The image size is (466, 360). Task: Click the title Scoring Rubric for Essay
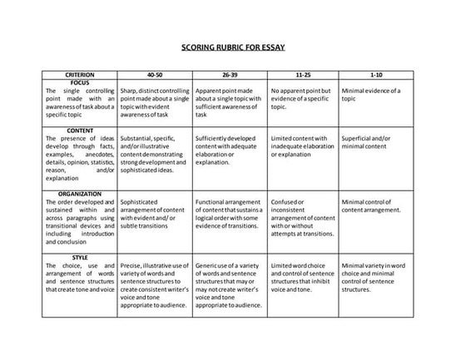pos(233,47)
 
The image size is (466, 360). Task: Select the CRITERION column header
pos(80,74)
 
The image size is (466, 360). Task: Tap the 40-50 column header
pos(155,74)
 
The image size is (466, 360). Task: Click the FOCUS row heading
pos(80,82)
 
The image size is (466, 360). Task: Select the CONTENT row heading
pos(80,130)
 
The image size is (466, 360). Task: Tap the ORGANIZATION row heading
pos(80,193)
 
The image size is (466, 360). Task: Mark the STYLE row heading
pos(80,257)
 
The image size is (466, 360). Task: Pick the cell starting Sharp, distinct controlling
pos(155,98)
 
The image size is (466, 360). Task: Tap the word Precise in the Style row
pos(131,265)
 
